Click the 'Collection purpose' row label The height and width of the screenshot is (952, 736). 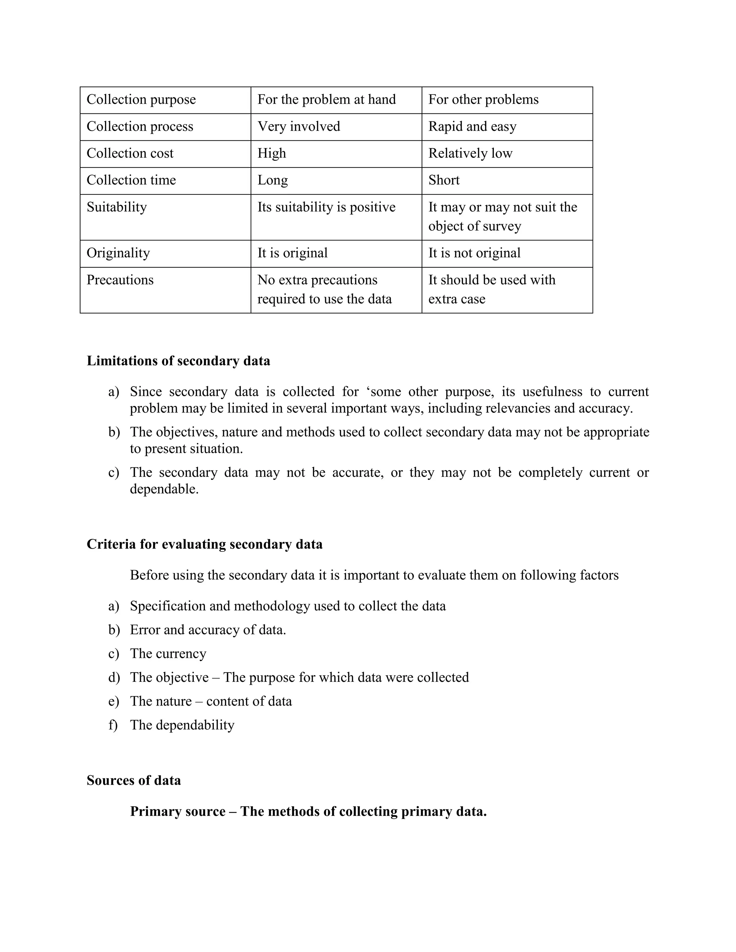coord(141,100)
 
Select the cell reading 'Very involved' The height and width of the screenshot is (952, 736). coord(299,127)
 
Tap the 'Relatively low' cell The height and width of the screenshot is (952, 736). coord(470,153)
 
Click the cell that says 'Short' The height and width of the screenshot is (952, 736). coord(443,180)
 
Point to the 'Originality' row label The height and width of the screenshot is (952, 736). coord(118,253)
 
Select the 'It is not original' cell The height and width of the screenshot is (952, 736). coord(474,253)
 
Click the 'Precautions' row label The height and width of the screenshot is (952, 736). coord(120,280)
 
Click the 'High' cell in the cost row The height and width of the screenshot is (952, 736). coord(272,153)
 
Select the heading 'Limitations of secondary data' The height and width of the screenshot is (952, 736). coord(178,361)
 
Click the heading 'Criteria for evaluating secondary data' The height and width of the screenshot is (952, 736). coord(204,544)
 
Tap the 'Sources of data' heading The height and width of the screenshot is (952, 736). coord(133,780)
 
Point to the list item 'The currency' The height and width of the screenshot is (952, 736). coord(168,653)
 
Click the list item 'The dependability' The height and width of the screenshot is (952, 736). coord(182,725)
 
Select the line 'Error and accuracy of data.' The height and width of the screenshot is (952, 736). coord(208,630)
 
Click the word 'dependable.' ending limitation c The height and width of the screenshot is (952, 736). coord(164,489)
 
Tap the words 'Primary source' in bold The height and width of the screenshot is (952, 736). coord(178,811)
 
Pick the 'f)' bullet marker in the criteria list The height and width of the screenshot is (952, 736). coord(113,725)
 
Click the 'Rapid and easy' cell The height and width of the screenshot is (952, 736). coord(472,127)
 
